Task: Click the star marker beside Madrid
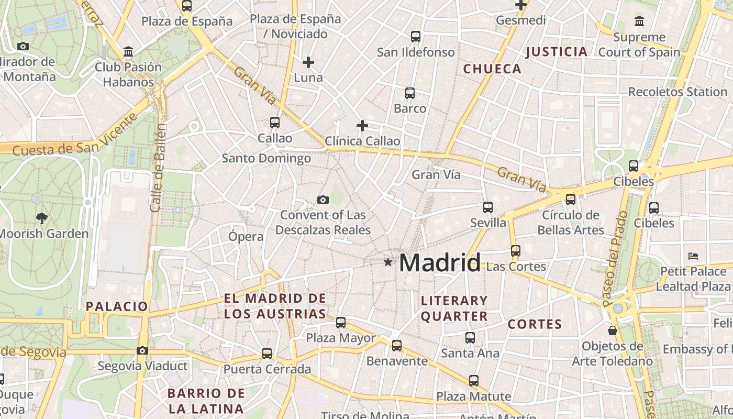[x=387, y=262]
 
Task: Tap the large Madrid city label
[x=439, y=262]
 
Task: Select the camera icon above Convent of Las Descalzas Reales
[x=323, y=200]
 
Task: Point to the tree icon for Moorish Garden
[x=42, y=218]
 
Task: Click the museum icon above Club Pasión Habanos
[x=128, y=52]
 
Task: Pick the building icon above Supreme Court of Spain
[x=639, y=21]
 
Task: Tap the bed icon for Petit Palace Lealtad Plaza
[x=693, y=256]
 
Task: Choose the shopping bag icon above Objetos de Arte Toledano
[x=613, y=331]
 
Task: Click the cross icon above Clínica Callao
[x=362, y=126]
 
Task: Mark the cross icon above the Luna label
[x=308, y=62]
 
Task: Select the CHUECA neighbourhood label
[x=492, y=69]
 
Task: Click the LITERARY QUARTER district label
[x=454, y=308]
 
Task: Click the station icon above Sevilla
[x=488, y=207]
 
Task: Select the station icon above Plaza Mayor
[x=341, y=323]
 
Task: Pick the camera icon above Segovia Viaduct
[x=142, y=350]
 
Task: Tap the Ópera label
[x=246, y=236]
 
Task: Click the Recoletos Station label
[x=678, y=92]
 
